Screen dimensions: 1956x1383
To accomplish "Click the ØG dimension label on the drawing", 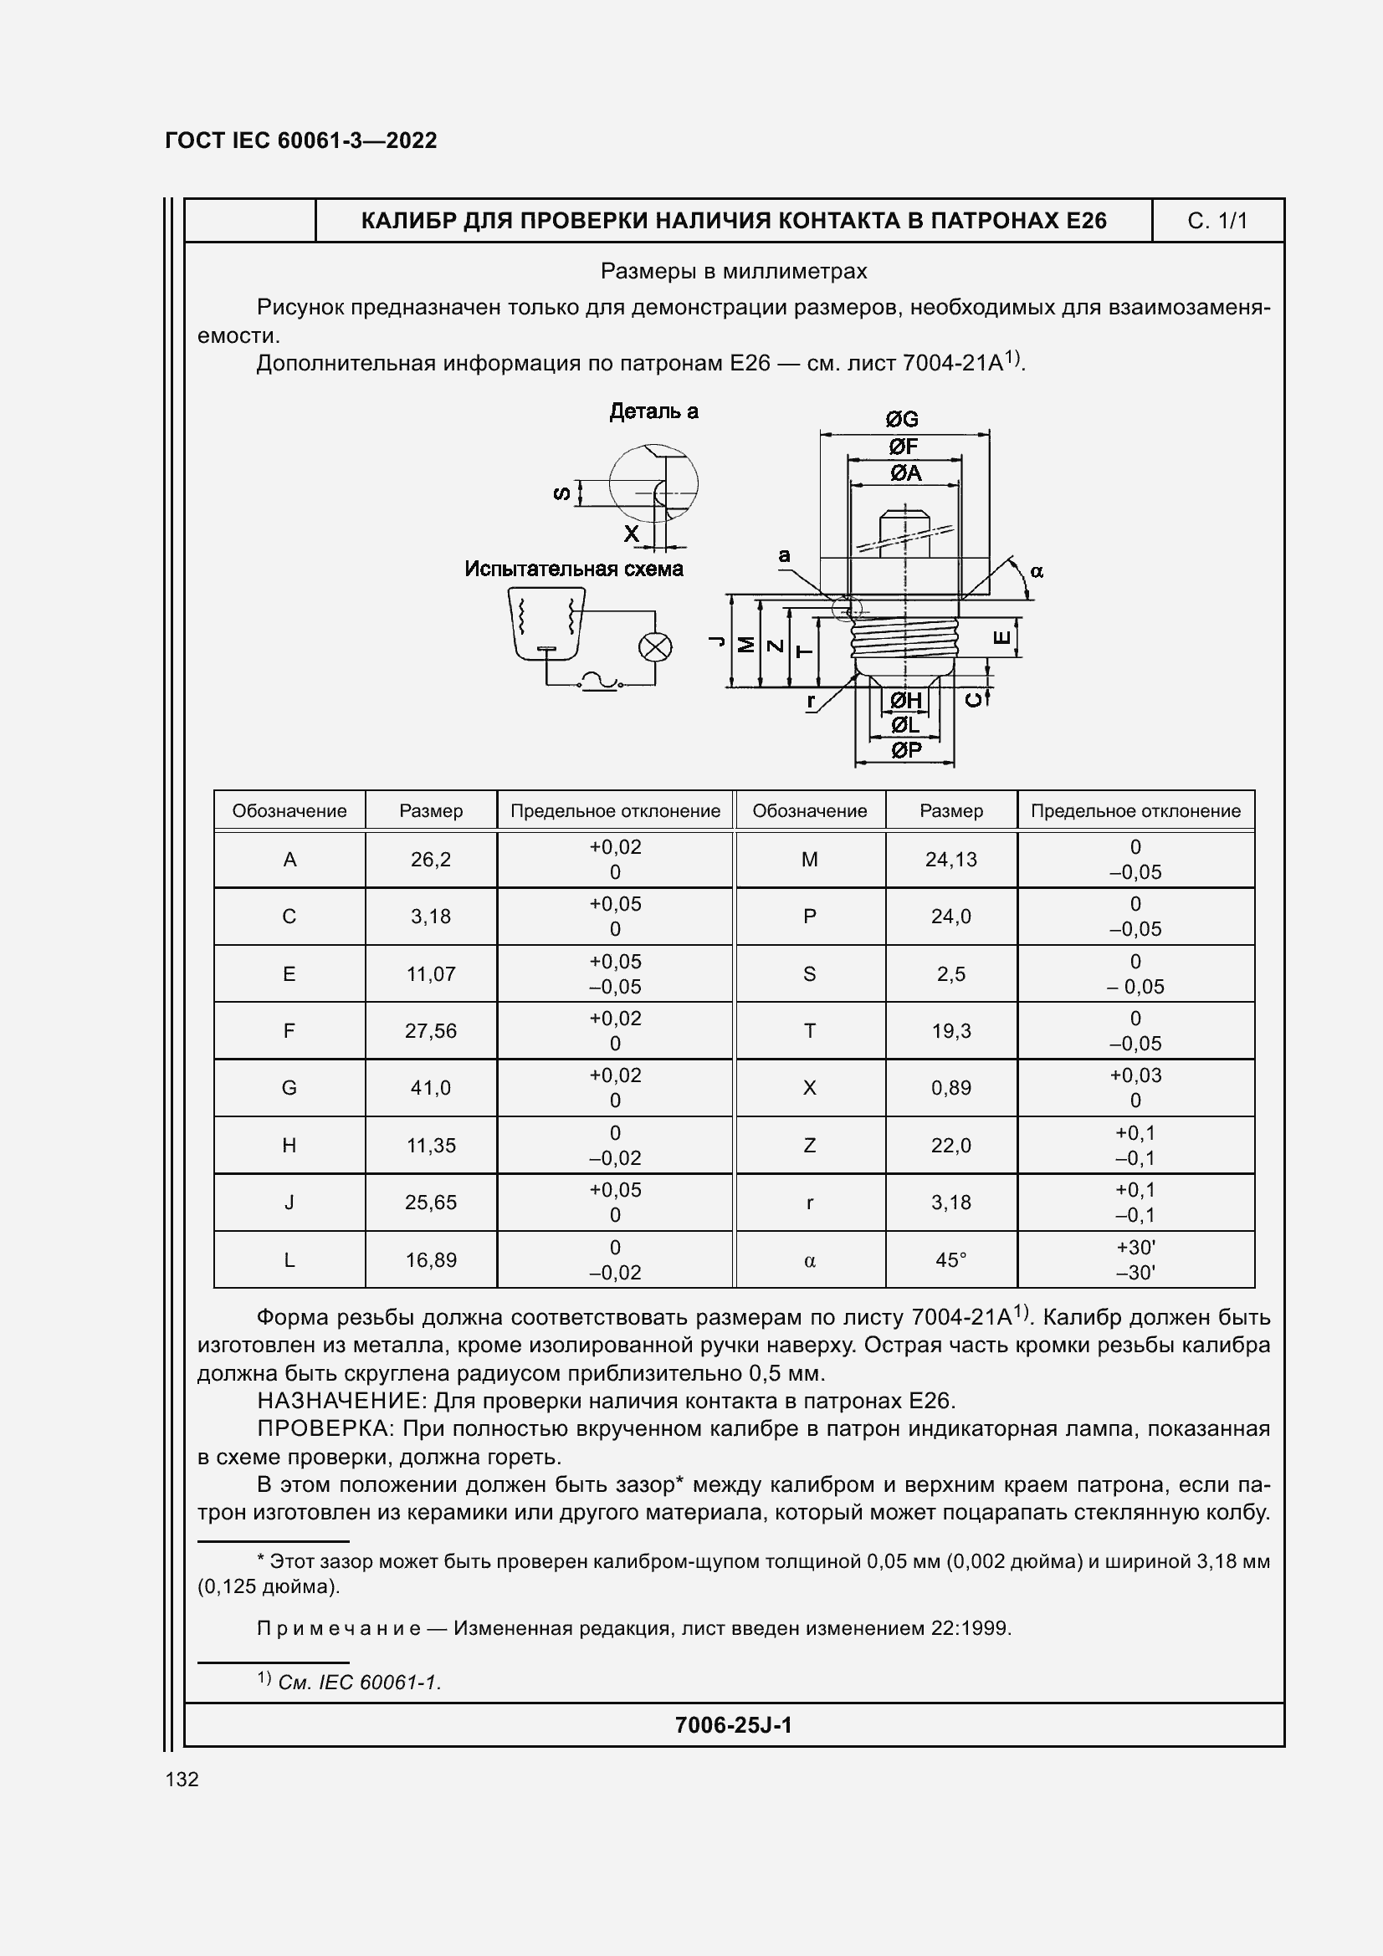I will point(902,419).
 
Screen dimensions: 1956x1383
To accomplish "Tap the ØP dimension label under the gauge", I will point(906,749).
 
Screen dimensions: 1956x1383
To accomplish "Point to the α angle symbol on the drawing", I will point(1036,572).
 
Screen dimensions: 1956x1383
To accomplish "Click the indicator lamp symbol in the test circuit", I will point(654,647).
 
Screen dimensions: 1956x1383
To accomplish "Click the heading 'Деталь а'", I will point(653,411).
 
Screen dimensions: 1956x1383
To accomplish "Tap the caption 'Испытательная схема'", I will point(573,568).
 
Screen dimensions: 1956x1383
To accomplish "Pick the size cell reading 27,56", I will point(430,1031).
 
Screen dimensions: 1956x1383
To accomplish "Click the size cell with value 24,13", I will point(951,860).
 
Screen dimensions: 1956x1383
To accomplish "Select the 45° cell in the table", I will point(951,1259).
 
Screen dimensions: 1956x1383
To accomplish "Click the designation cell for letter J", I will point(289,1202).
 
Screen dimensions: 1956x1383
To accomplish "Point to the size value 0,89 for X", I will point(951,1088).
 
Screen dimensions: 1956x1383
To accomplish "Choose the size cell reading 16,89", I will point(430,1259).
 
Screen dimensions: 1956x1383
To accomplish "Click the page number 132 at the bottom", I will point(182,1779).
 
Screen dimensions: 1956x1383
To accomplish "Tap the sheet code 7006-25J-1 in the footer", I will point(733,1725).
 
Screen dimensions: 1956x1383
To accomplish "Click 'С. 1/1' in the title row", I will point(1217,222).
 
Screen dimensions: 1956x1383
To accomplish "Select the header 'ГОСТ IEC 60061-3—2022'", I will point(301,140).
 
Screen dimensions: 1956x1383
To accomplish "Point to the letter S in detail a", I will point(561,493).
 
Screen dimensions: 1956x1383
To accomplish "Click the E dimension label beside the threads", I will point(1004,638).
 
